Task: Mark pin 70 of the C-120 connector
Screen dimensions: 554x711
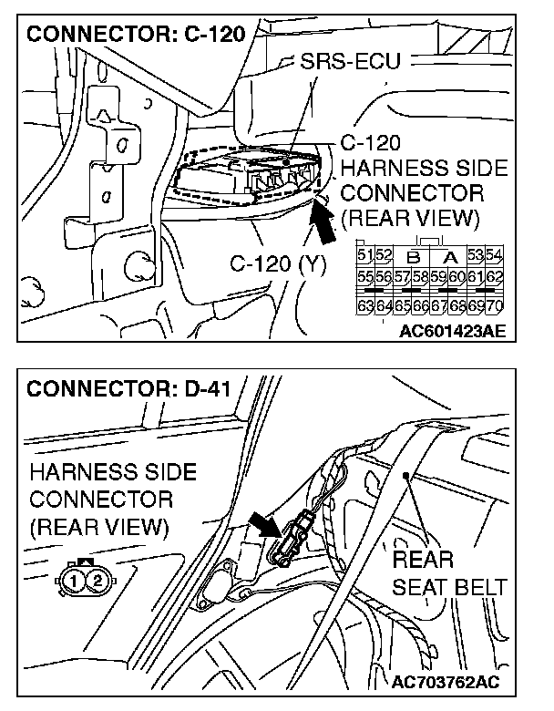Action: pyautogui.click(x=497, y=305)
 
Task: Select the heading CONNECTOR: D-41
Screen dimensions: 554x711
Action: pyautogui.click(x=128, y=390)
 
